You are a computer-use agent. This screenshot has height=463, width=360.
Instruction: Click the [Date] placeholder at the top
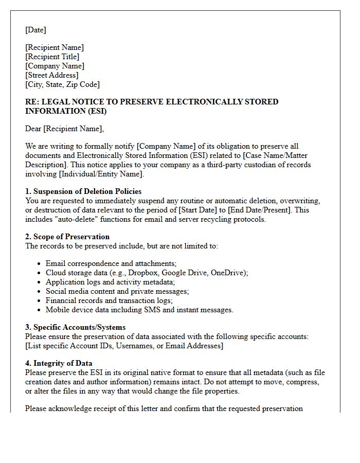[x=35, y=30]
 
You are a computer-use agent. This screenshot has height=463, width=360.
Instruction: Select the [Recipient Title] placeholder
[x=52, y=57]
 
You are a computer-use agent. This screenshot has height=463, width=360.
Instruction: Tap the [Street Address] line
[x=51, y=75]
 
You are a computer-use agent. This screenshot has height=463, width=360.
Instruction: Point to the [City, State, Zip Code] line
[x=62, y=84]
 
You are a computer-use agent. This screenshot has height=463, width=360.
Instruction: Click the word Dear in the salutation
[x=34, y=129]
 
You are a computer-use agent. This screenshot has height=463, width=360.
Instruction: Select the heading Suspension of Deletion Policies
[x=87, y=191]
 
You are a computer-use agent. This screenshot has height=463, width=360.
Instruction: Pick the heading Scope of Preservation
[x=71, y=237]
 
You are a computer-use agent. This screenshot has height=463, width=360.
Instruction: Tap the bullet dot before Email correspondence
[x=40, y=264]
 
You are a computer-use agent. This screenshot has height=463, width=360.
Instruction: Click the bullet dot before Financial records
[x=40, y=301]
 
